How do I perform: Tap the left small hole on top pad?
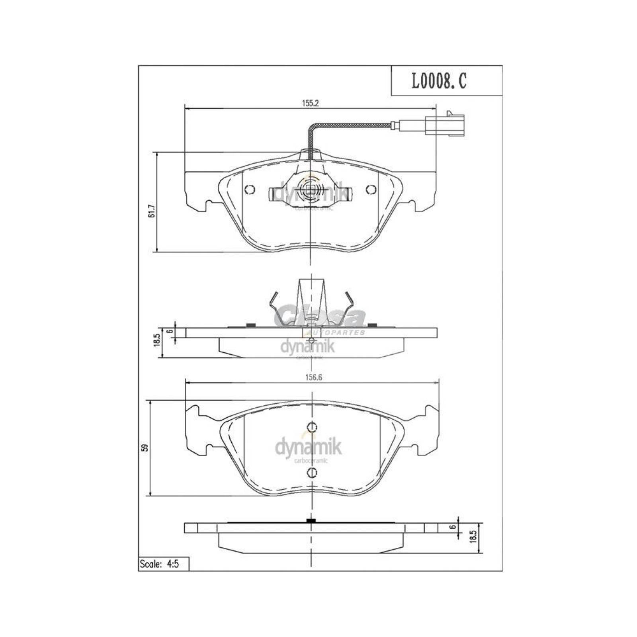(249, 190)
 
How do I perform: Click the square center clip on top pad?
(310, 190)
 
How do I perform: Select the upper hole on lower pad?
(313, 427)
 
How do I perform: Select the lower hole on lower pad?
(313, 473)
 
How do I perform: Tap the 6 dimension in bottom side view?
(451, 527)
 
